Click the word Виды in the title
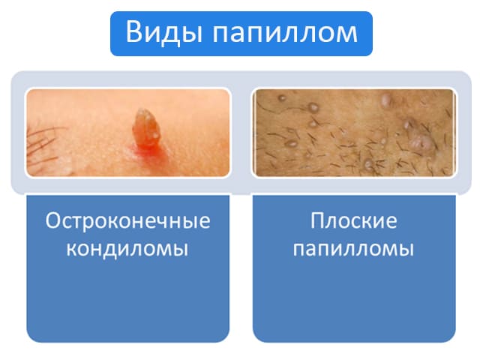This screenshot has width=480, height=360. tap(163, 32)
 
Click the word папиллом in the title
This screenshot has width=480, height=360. tap(285, 34)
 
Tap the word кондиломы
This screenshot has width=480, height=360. tap(127, 249)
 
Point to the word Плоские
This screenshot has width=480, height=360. tap(354, 220)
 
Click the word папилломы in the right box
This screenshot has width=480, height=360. tap(353, 248)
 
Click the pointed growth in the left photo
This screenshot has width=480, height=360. tap(146, 127)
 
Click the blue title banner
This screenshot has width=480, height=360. tap(241, 34)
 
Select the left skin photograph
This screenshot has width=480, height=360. tap(128, 133)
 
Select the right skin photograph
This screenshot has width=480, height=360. tap(354, 133)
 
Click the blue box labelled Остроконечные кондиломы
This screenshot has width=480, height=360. tap(128, 268)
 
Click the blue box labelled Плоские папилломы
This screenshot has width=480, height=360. tap(354, 268)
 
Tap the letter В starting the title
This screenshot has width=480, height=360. tap(133, 31)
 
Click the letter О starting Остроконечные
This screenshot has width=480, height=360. tap(52, 220)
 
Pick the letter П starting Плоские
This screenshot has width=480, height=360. tap(317, 220)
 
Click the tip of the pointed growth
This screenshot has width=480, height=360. tap(142, 109)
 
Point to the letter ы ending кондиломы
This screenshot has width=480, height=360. tap(180, 249)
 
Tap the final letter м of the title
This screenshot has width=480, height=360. tap(346, 34)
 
